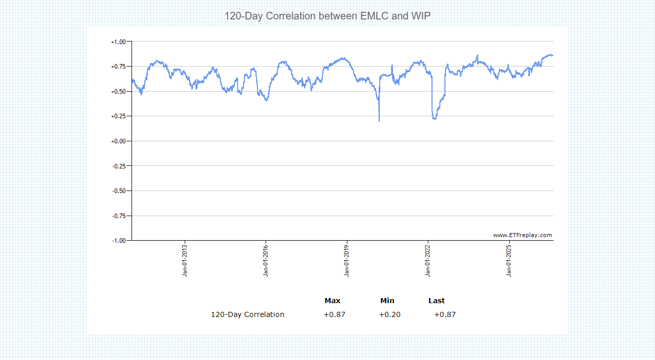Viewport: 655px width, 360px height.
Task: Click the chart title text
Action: pos(327,16)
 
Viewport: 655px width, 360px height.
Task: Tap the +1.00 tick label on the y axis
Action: pos(118,42)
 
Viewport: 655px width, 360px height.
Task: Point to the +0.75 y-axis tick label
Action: pos(118,67)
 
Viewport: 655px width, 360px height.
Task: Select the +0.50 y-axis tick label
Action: pos(118,92)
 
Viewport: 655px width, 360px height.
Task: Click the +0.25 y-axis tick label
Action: pos(118,116)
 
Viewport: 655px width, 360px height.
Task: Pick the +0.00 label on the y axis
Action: pos(118,141)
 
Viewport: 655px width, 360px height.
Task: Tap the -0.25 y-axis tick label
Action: pos(119,166)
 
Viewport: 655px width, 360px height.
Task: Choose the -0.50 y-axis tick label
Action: pos(119,191)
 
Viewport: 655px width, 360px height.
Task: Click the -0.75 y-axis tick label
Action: pos(119,216)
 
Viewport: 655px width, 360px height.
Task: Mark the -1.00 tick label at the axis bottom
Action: pos(119,241)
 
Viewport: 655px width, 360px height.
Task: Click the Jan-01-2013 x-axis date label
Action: pos(185,261)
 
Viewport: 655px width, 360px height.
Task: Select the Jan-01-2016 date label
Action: pos(266,261)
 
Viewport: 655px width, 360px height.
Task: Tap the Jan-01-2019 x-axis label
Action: pos(347,261)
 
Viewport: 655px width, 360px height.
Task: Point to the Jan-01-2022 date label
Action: pos(428,261)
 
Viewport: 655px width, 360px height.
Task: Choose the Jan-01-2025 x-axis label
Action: pos(509,261)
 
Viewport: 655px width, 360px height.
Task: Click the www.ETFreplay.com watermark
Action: pos(522,235)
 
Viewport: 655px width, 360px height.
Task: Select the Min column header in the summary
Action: pos(387,301)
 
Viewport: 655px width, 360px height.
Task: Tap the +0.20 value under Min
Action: pos(390,314)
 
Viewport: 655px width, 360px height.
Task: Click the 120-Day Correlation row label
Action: pos(248,314)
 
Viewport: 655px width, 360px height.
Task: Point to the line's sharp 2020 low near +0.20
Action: pos(379,120)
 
